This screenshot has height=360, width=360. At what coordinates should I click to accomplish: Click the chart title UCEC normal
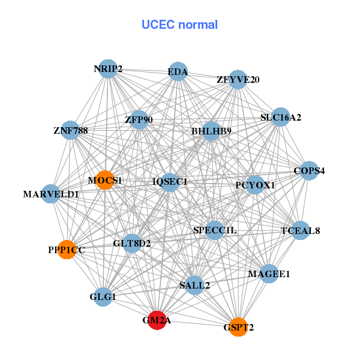(179, 25)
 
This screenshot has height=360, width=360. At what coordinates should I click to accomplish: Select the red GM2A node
(157, 320)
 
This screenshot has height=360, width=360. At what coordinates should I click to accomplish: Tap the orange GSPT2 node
(238, 327)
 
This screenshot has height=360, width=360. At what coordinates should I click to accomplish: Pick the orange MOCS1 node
(105, 180)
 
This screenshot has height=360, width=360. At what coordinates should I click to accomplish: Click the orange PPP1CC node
(67, 250)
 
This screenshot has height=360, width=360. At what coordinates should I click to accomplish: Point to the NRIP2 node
(108, 69)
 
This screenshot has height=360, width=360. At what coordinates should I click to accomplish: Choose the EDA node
(178, 72)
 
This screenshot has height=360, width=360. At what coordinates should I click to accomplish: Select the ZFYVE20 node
(238, 79)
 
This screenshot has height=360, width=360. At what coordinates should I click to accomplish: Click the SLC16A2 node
(280, 118)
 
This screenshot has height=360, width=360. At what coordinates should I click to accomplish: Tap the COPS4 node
(309, 171)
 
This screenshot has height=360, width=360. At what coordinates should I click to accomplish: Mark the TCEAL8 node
(301, 230)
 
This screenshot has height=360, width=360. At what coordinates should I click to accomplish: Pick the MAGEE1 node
(269, 274)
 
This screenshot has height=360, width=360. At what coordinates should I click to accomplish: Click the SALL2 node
(194, 285)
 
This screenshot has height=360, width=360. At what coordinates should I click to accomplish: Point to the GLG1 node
(103, 296)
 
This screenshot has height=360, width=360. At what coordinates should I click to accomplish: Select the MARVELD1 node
(51, 194)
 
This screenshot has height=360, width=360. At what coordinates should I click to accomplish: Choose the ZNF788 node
(71, 130)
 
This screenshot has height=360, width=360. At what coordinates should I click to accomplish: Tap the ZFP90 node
(139, 120)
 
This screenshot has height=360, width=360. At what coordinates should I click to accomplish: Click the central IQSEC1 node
(170, 181)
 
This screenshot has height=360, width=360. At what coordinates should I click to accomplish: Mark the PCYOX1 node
(255, 185)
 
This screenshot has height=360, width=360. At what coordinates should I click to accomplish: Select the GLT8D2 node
(132, 243)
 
